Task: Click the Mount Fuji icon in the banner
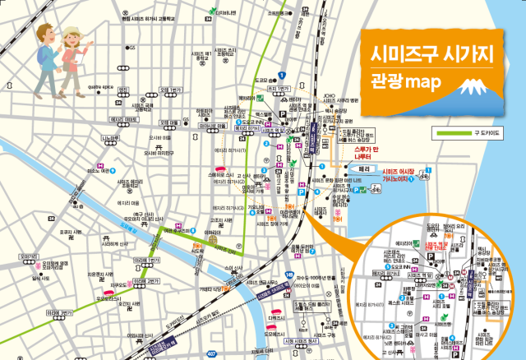474,86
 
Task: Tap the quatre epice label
107,85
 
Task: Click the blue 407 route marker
211,353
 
